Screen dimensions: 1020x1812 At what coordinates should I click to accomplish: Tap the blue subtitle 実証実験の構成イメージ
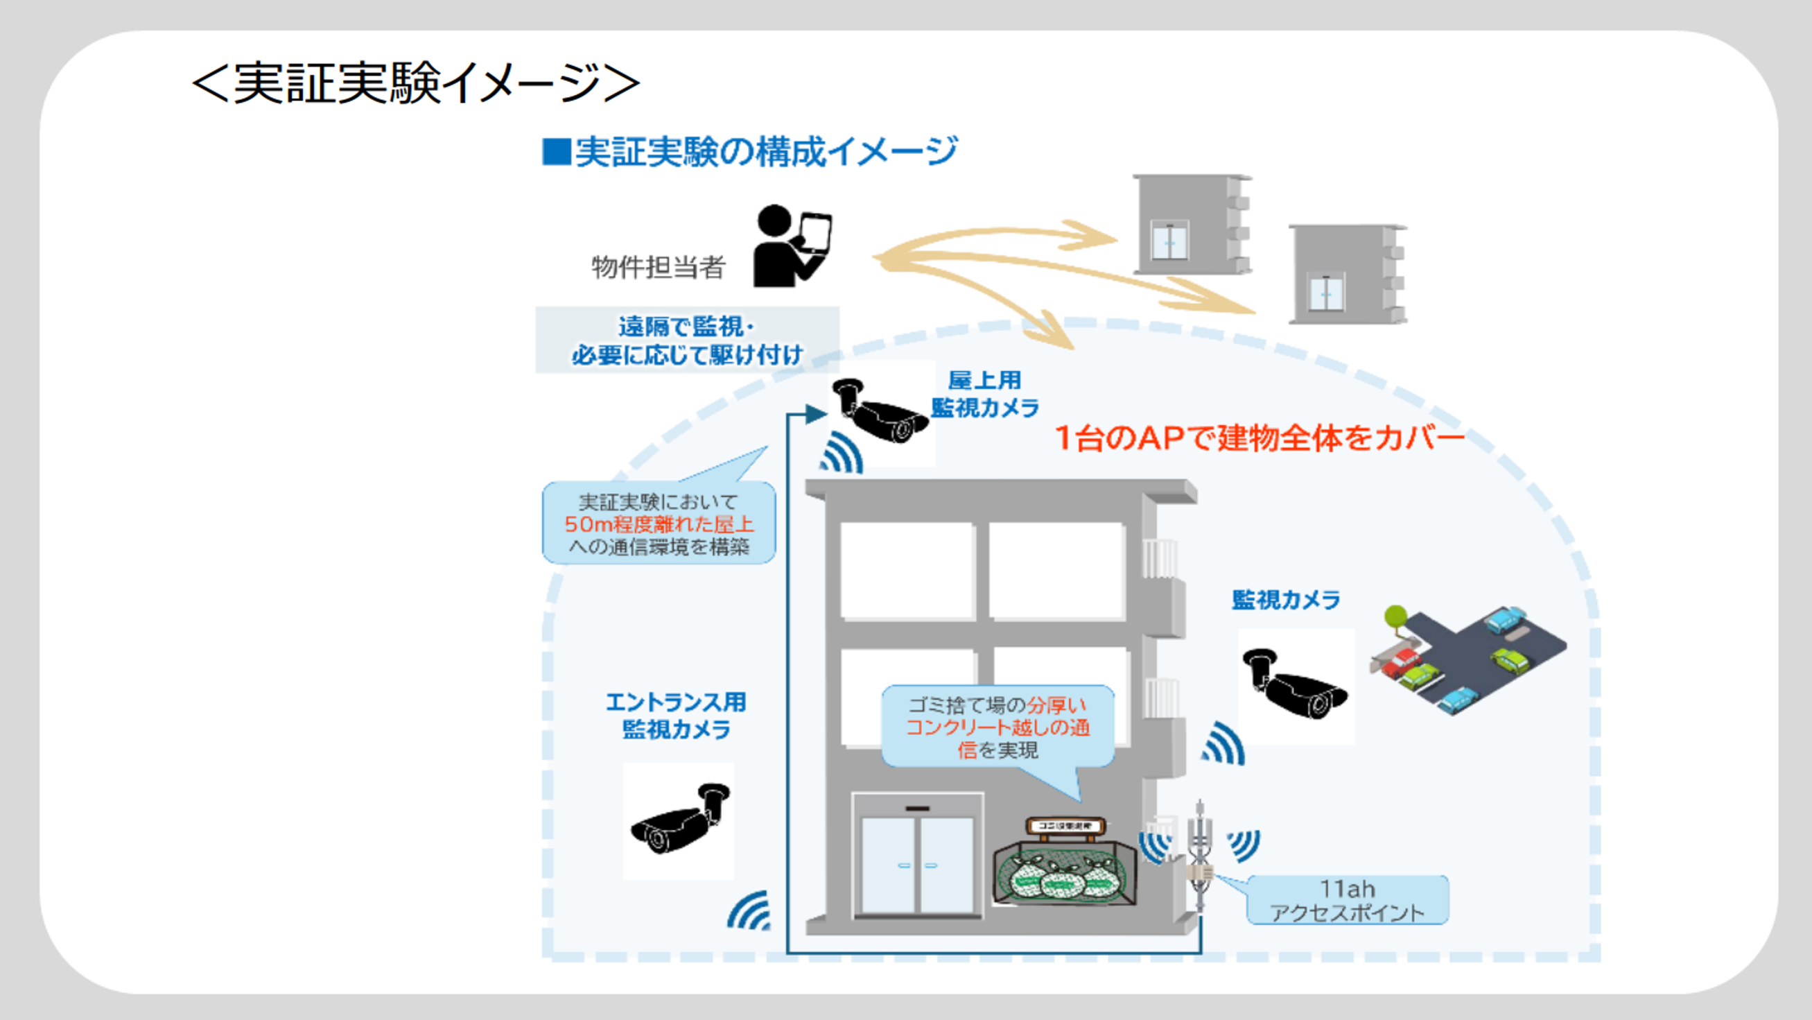750,151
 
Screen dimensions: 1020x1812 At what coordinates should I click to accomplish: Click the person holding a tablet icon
792,246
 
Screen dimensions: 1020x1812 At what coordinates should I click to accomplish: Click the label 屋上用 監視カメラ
985,394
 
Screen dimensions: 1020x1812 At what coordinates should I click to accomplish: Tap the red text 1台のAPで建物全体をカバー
1259,438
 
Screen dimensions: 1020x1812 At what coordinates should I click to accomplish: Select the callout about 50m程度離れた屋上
659,524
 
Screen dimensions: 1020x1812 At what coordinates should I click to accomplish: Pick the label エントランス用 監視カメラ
676,716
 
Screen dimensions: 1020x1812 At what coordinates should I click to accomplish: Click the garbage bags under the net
1062,876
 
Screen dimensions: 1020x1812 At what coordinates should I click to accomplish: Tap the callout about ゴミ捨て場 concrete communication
998,727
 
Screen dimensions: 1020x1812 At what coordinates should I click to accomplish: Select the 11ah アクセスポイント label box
1347,900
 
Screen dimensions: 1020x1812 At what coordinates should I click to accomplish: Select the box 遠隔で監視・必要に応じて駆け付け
687,340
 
